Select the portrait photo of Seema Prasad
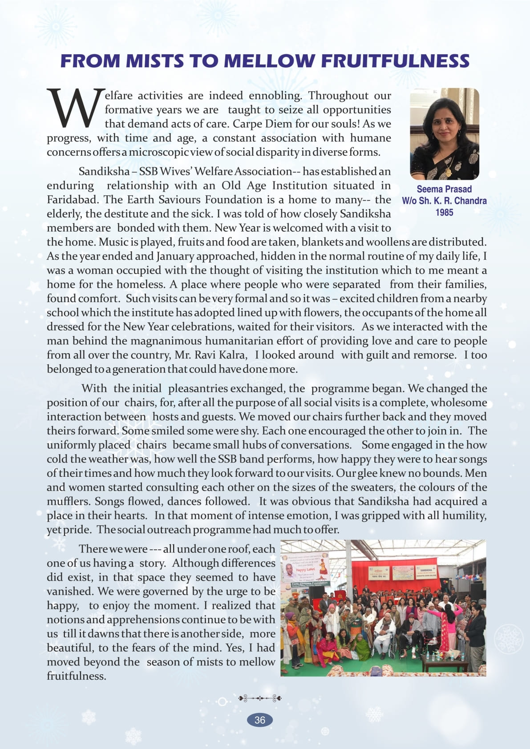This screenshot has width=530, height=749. click(444, 134)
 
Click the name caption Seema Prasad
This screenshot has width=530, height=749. click(444, 189)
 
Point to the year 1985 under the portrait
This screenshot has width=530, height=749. click(444, 213)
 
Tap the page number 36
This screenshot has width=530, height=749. click(260, 720)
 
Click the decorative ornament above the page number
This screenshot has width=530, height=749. click(260, 698)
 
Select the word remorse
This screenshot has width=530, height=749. click(434, 355)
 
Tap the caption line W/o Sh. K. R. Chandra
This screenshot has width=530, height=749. click(444, 201)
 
